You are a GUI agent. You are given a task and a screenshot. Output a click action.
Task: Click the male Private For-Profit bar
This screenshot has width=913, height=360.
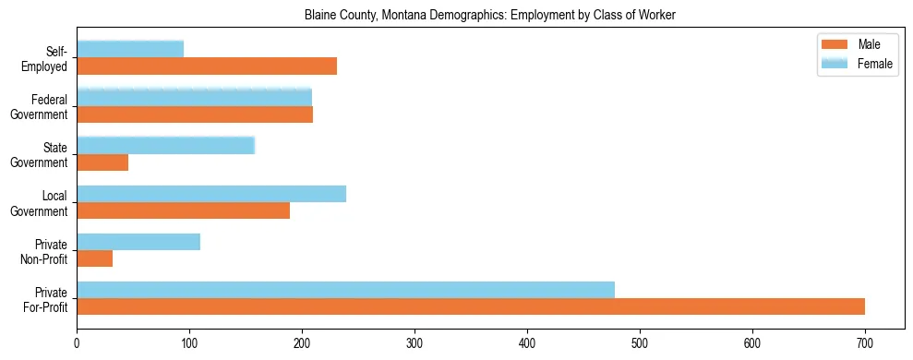pyautogui.click(x=471, y=306)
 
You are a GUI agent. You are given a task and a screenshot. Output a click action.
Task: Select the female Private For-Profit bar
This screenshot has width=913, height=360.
pyautogui.click(x=345, y=290)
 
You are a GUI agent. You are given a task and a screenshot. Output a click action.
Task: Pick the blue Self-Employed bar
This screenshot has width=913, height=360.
pyautogui.click(x=130, y=49)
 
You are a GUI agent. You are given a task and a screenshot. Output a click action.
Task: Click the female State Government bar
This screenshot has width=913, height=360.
pyautogui.click(x=165, y=145)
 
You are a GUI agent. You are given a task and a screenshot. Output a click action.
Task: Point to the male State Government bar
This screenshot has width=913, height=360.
pyautogui.click(x=102, y=162)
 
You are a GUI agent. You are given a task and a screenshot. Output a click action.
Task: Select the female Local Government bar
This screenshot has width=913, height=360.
pyautogui.click(x=211, y=194)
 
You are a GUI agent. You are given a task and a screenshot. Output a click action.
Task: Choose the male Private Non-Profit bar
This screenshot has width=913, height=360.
pyautogui.click(x=94, y=258)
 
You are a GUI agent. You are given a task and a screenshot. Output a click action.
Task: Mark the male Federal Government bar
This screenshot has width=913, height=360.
pyautogui.click(x=195, y=114)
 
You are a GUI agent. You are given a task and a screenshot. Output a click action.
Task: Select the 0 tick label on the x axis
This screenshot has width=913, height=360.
pyautogui.click(x=77, y=342)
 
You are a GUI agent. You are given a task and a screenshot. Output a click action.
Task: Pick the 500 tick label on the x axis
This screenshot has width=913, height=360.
pyautogui.click(x=640, y=342)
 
